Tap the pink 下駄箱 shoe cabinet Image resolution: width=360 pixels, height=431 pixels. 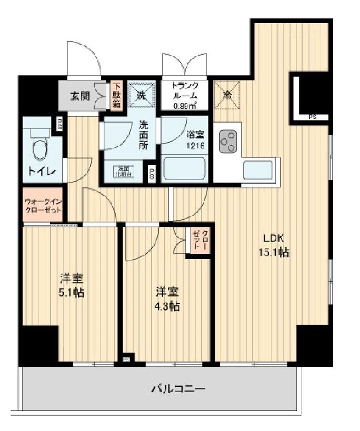(116, 95)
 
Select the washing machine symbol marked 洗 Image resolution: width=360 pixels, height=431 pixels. (141, 95)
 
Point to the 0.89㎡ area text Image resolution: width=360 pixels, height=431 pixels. (185, 105)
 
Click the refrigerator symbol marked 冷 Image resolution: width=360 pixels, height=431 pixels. (227, 95)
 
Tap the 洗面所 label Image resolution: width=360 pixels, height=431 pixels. (143, 136)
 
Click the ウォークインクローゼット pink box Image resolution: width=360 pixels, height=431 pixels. (43, 205)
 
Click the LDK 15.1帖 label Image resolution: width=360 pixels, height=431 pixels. (273, 245)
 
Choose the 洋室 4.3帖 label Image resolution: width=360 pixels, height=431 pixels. (167, 298)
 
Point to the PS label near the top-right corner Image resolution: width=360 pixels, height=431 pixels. (312, 117)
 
